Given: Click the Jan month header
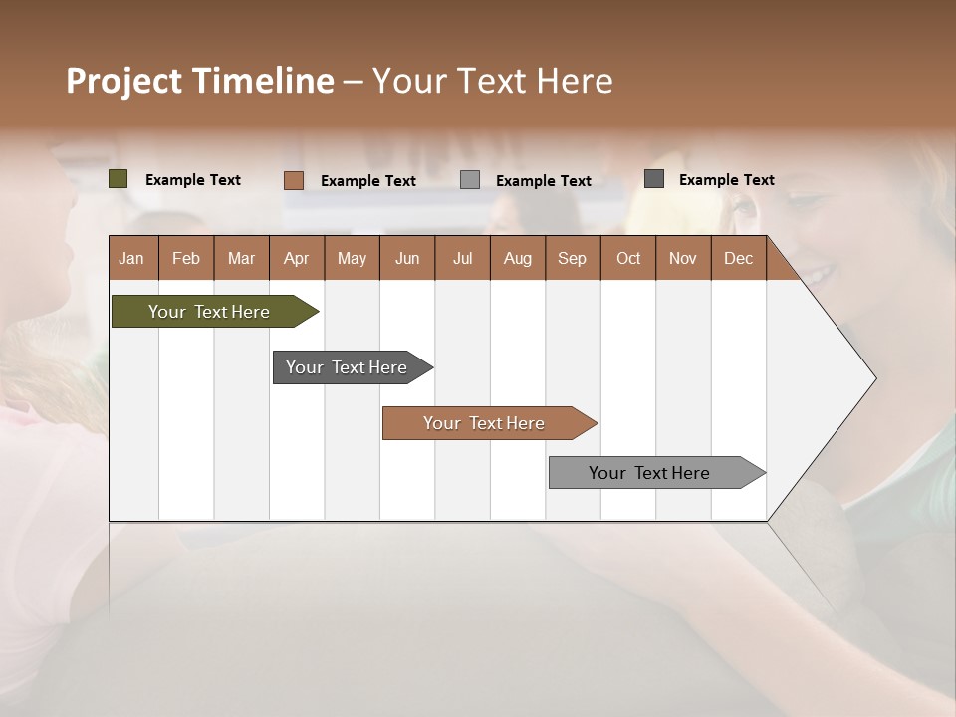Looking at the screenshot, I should [132, 258].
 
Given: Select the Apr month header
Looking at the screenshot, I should [297, 258].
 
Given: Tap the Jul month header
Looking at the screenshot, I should [462, 258].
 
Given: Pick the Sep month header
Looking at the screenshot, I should [573, 258].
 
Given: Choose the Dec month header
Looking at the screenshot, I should [738, 258].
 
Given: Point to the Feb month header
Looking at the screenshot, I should [186, 258].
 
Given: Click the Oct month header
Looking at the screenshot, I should [628, 258].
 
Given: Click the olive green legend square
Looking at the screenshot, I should [119, 179].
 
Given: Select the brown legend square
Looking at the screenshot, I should [294, 180].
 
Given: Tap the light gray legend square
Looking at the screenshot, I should [470, 180].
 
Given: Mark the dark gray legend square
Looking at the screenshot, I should [654, 179].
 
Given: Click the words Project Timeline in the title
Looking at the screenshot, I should [200, 81].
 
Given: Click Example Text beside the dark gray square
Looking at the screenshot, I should [726, 180].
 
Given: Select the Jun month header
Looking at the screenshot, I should [407, 258].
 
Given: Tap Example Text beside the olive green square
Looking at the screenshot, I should [193, 180].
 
